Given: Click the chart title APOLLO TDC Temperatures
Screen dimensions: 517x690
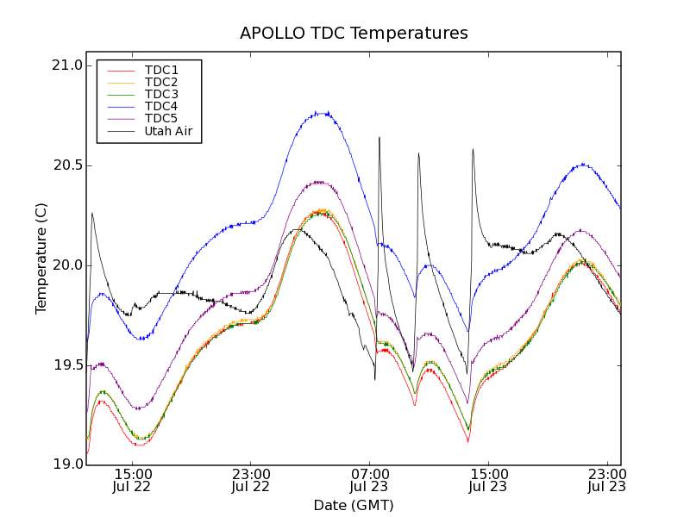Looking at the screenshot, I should tap(354, 34).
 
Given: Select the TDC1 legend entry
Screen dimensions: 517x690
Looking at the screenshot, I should tap(161, 70).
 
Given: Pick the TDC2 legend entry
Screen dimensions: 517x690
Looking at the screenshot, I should tap(161, 82).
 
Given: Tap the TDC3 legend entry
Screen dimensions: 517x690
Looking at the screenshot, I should tap(161, 94).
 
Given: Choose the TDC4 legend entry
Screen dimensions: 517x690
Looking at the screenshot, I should tap(161, 106).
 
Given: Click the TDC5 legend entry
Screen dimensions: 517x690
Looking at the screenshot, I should tap(161, 118).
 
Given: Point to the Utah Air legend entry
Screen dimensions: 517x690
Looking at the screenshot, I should tap(168, 131).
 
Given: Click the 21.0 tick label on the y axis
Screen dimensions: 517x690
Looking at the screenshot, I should tap(66, 66).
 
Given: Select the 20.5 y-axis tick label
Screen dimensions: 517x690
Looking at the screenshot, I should tap(66, 165).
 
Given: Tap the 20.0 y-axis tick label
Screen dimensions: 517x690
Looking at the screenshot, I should tap(66, 265).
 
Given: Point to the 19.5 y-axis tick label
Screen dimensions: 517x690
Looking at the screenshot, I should tap(66, 365).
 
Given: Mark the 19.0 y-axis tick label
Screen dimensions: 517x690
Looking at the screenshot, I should tap(66, 465).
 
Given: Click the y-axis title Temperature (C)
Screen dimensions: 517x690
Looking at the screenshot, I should tap(41, 258).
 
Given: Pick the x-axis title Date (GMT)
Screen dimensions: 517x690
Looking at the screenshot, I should tap(354, 505).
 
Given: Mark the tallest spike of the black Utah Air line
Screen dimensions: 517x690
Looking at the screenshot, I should tap(379, 137).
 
